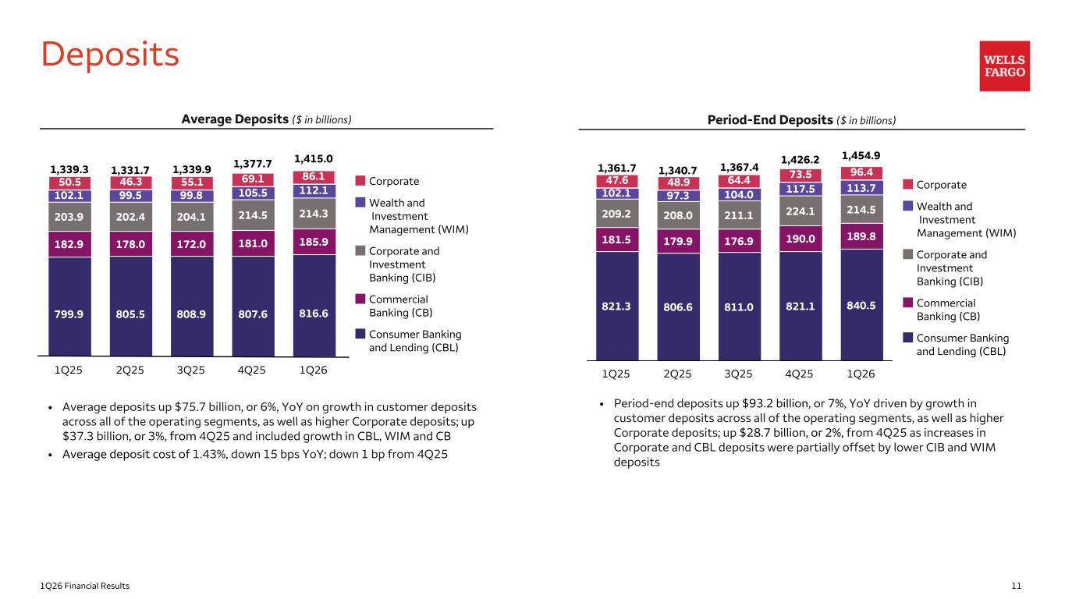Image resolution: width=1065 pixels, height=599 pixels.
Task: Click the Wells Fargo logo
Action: (1004, 66)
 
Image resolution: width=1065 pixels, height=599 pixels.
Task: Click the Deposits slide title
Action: (110, 54)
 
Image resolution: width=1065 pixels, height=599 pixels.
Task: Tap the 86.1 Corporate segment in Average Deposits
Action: (314, 177)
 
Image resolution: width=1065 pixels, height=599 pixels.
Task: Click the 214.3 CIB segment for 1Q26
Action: (314, 212)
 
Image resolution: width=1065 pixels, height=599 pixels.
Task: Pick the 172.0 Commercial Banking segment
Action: (191, 244)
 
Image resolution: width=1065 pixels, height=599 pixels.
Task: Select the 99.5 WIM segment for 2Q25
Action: (130, 196)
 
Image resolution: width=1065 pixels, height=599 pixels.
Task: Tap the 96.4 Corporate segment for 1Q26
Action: (861, 172)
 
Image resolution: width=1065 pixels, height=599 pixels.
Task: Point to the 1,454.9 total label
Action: (861, 155)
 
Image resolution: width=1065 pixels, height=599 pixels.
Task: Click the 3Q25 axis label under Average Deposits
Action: (191, 371)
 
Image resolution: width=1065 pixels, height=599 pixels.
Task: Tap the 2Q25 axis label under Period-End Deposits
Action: (678, 374)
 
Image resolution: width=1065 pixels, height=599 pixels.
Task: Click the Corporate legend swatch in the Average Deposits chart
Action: (360, 181)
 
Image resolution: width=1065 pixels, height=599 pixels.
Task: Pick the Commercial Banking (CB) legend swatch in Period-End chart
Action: (907, 303)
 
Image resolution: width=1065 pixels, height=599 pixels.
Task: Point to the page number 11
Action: (1017, 586)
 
